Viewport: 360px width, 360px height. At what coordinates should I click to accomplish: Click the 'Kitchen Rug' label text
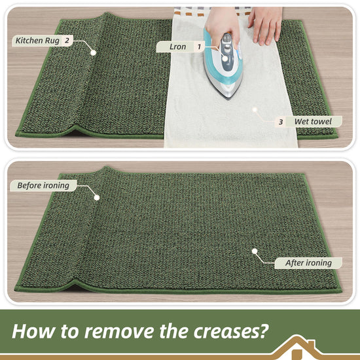(x=37, y=41)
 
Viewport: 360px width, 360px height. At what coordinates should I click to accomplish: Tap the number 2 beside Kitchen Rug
(x=67, y=41)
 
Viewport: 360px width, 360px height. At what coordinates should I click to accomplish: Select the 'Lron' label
(x=177, y=46)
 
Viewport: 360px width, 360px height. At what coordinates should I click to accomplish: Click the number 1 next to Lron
(x=199, y=47)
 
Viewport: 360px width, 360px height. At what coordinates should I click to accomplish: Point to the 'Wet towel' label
(x=313, y=122)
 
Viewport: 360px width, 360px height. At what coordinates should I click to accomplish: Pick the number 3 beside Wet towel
(x=281, y=122)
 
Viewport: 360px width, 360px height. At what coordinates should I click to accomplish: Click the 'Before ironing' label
(x=43, y=185)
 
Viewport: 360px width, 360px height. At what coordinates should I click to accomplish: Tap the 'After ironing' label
(x=308, y=263)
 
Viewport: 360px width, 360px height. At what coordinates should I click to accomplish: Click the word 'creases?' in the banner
(x=231, y=331)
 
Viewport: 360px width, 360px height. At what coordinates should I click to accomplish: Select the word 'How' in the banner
(x=33, y=331)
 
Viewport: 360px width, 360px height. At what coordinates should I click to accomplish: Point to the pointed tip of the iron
(x=228, y=99)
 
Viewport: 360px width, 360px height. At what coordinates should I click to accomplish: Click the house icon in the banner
(x=297, y=347)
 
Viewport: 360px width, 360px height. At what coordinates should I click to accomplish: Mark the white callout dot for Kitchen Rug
(x=93, y=53)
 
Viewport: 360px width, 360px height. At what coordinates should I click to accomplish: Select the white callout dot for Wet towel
(x=255, y=109)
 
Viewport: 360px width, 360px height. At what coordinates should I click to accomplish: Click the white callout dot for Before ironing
(x=97, y=198)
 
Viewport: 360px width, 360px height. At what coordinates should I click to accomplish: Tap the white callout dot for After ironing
(x=255, y=251)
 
